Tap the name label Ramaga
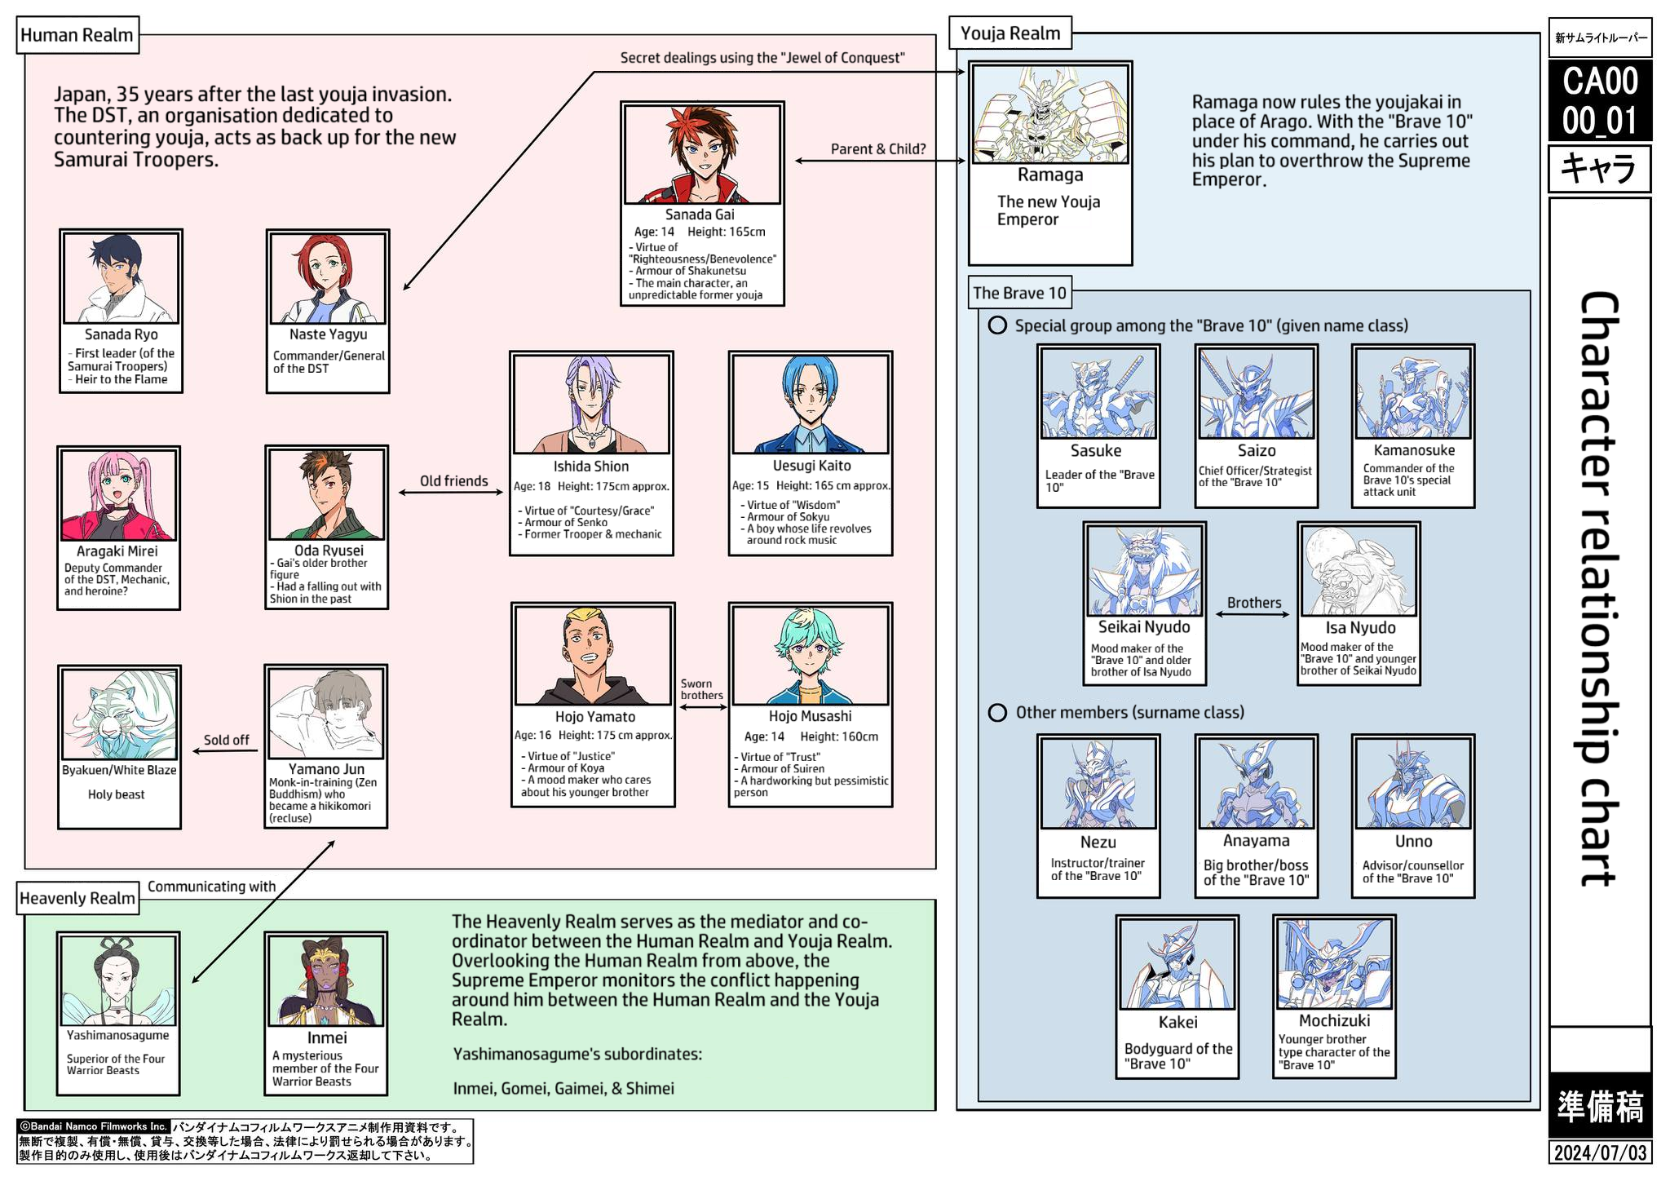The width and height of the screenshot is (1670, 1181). coord(1049,175)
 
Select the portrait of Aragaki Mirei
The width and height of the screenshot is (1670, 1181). coord(118,495)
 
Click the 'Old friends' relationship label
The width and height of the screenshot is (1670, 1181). coord(453,481)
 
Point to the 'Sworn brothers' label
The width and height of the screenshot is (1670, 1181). coord(701,690)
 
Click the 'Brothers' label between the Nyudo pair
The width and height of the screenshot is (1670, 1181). coord(1253,603)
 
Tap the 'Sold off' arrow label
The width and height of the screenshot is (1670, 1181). coord(226,740)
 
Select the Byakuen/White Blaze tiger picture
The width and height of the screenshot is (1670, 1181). coord(119,714)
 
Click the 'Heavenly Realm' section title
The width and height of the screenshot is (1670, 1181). coord(77,898)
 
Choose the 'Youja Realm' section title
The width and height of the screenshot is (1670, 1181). coord(1010,33)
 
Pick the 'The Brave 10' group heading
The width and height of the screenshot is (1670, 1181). coord(1019,293)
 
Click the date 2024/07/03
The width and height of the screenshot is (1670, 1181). coord(1599,1152)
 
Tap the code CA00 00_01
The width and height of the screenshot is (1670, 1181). coord(1600,100)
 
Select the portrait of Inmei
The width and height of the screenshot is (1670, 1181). coord(326,980)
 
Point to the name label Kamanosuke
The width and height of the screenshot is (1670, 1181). coord(1413,450)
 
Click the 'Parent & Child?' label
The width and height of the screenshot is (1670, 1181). coord(877,149)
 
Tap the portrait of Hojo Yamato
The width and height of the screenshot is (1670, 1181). coord(593,656)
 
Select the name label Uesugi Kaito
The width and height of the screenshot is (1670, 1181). coord(811,466)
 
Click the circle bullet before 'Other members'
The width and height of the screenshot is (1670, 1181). coord(996,713)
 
